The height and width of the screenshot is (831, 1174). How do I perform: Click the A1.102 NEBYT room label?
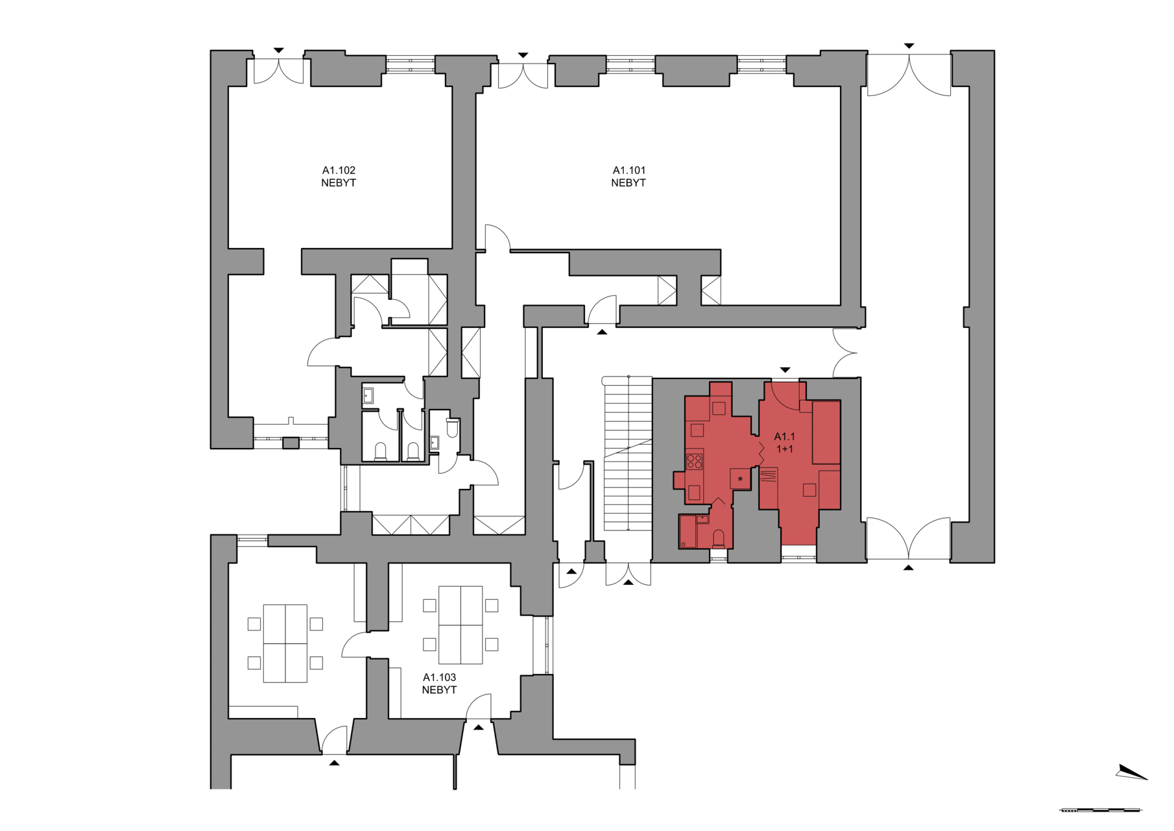tap(339, 177)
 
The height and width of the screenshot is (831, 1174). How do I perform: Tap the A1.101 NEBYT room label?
tap(629, 177)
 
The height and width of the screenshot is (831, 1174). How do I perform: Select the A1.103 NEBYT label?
tap(439, 684)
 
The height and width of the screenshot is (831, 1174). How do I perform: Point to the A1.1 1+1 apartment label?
tap(785, 443)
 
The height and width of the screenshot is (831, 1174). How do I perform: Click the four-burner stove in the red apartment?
tap(695, 462)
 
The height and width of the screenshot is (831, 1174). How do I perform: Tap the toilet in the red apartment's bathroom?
tap(719, 540)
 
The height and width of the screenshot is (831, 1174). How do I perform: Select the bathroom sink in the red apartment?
tap(702, 519)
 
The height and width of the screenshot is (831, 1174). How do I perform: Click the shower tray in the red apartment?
tap(688, 532)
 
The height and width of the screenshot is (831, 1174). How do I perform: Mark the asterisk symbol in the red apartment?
tap(740, 479)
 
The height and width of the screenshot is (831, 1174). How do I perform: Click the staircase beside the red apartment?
tap(628, 453)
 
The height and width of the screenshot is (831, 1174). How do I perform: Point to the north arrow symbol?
tap(1131, 772)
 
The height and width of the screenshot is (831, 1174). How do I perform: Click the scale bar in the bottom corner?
tap(1101, 810)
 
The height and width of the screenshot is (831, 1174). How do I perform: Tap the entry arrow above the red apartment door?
tap(785, 370)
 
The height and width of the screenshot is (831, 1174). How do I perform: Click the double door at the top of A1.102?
tap(278, 71)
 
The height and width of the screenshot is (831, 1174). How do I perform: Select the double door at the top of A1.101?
tap(523, 75)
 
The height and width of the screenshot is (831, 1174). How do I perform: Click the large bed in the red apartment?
tap(826, 432)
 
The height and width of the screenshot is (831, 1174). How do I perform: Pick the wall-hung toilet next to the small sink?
tap(453, 427)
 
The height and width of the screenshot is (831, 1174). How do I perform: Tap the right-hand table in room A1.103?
tap(461, 625)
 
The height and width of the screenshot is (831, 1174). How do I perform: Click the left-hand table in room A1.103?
tap(285, 643)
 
